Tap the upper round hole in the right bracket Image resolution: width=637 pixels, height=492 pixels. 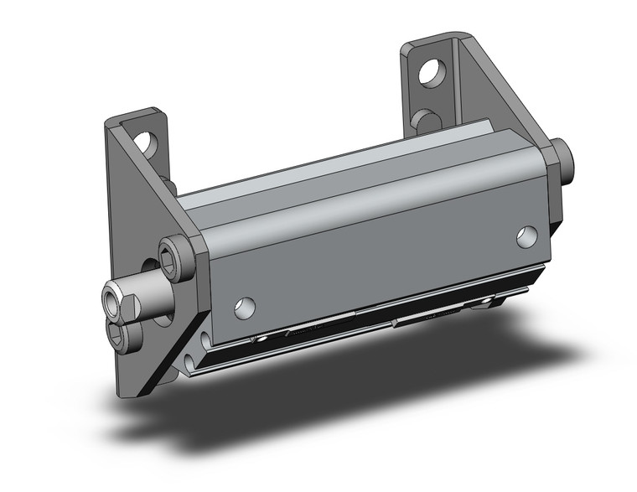click(x=430, y=72)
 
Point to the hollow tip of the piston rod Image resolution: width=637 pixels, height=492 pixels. click(x=113, y=297)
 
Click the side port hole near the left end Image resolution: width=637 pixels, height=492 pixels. click(x=244, y=308)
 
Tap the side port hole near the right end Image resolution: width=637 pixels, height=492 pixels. click(x=526, y=237)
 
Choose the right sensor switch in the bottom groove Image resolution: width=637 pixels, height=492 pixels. click(x=436, y=313)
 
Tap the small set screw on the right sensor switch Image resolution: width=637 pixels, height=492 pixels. click(x=393, y=321)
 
